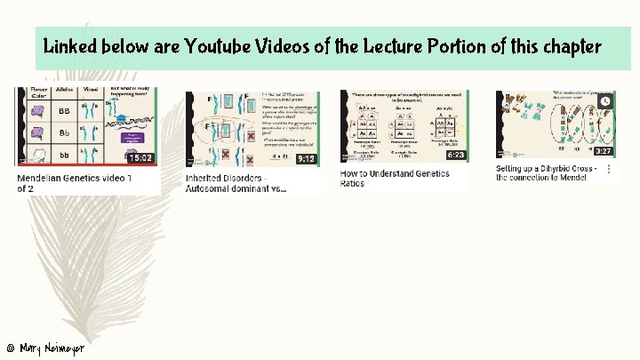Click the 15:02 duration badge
pos(140,159)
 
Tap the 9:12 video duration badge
pos(305,159)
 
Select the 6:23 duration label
pos(455,155)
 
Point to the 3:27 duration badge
pos(603,151)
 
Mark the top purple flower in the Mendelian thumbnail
pos(36,111)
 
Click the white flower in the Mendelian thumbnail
pos(36,156)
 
